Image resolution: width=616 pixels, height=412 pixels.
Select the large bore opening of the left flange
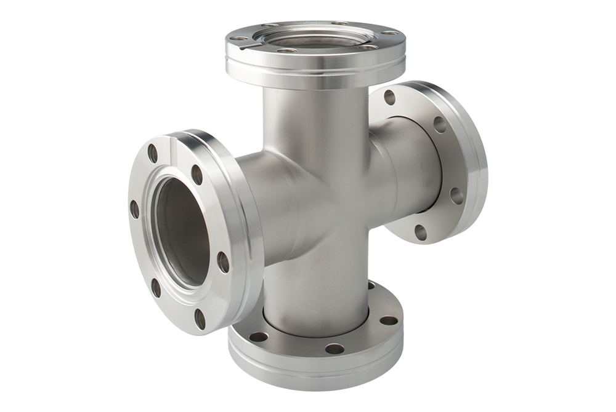(182, 234)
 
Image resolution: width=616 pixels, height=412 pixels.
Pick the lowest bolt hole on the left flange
(200, 318)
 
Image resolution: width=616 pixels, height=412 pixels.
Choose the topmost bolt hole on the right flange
(389, 97)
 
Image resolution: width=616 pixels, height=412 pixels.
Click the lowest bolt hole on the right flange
(421, 232)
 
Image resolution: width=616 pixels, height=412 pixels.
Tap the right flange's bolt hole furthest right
(456, 196)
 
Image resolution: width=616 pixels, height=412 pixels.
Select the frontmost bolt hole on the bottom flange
(334, 349)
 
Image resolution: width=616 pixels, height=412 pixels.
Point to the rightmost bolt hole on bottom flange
(389, 320)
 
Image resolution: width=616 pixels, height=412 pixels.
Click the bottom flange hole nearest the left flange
(258, 337)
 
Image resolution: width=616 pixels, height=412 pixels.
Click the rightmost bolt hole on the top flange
(389, 32)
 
